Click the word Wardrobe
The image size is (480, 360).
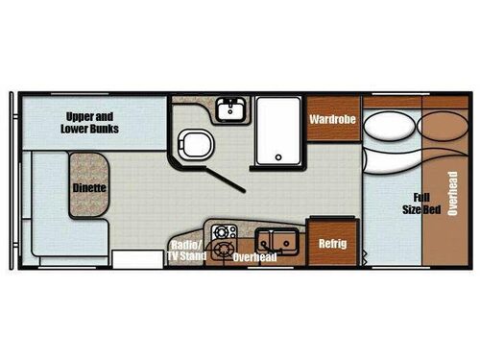pyautogui.click(x=333, y=120)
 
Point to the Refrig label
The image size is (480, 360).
pyautogui.click(x=332, y=243)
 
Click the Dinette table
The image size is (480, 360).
pyautogui.click(x=88, y=188)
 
